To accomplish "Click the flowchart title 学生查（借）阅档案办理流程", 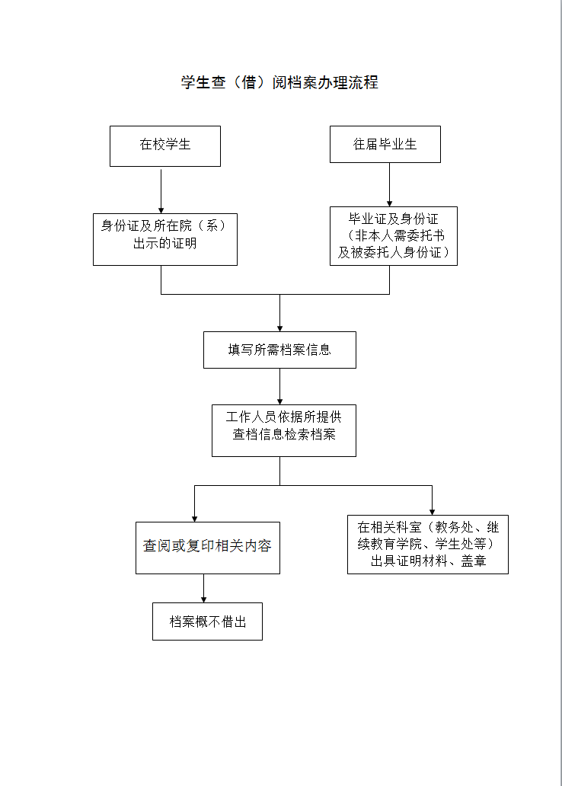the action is point(279,82).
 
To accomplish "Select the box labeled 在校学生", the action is point(165,146).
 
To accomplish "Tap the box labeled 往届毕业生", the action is point(385,145).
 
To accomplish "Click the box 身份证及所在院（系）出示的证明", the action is point(165,240).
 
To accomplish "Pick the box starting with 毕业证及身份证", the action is point(394,236).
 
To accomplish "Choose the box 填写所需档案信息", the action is point(279,350).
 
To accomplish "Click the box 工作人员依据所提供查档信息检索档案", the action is point(284,430).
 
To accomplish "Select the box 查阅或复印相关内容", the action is point(208,548).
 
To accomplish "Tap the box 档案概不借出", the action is point(208,621).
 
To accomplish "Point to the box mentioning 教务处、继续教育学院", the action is point(428,545).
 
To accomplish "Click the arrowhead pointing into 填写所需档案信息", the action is point(279,328).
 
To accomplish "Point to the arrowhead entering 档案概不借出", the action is point(203,599).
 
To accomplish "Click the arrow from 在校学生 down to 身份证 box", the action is point(161,191).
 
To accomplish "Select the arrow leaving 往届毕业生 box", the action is point(390,184).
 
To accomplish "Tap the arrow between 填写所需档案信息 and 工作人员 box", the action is point(279,386).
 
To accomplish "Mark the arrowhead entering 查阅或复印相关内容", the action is point(194,519).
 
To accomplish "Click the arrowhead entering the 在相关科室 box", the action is point(432,512).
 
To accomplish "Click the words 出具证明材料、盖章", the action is point(429,561).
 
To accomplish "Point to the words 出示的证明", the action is point(165,244).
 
